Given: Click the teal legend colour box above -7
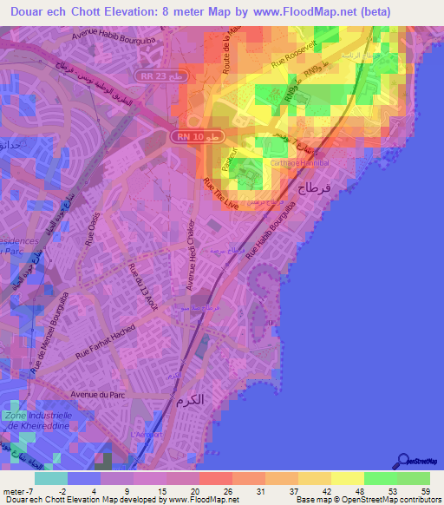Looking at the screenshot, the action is [x=51, y=478].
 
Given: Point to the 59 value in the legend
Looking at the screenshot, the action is [x=424, y=491].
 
